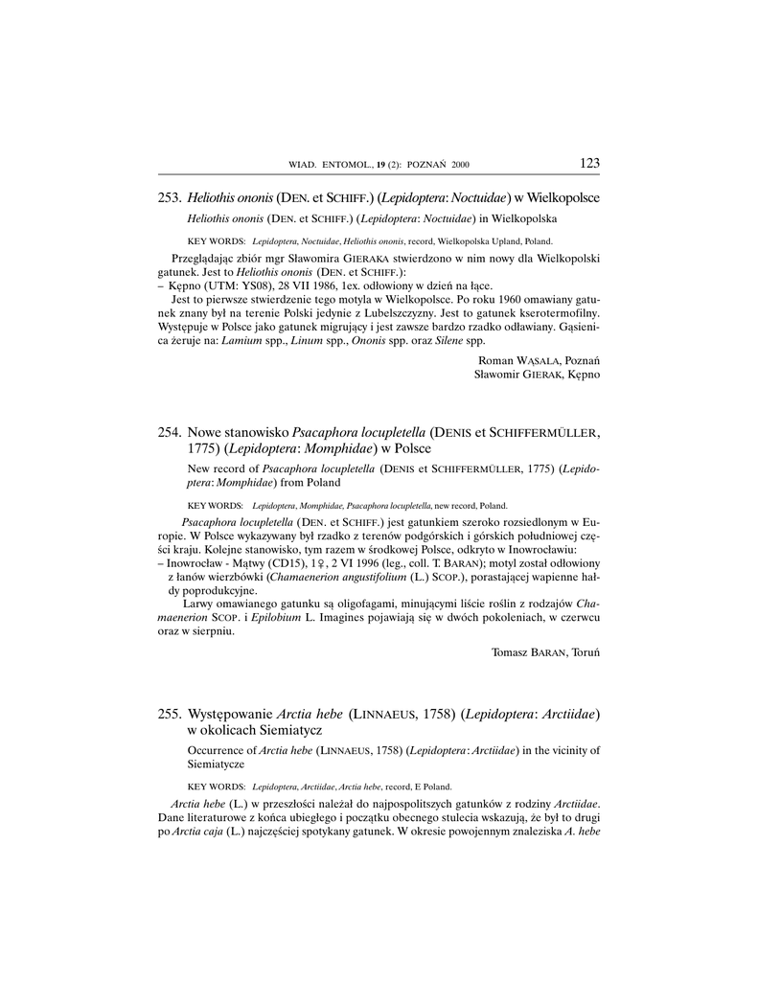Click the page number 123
pos(589,163)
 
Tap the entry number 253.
pos(169,197)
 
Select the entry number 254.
pos(169,432)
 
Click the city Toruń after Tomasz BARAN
pos(582,651)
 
